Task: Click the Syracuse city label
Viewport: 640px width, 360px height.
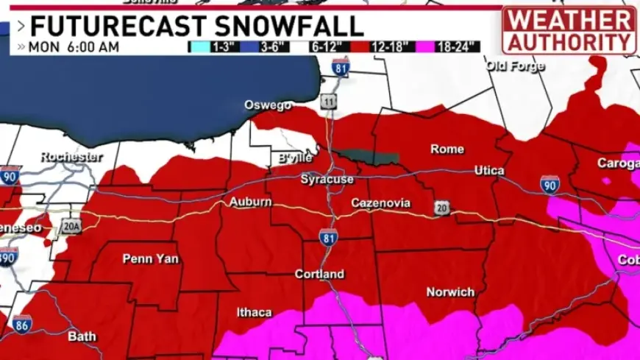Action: (327, 180)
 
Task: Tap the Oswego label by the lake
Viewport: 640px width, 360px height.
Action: (269, 105)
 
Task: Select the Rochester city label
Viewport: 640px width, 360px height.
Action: (71, 157)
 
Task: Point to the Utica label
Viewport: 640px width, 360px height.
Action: (489, 171)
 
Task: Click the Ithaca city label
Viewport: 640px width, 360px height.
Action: (255, 312)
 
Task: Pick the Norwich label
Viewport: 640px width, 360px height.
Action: (450, 292)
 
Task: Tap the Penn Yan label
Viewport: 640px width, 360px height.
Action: (150, 258)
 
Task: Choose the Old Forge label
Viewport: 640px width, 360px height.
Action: (515, 66)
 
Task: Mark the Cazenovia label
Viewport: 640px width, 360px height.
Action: (380, 203)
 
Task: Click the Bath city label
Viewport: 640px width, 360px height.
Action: (82, 337)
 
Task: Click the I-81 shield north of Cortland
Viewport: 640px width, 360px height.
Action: (329, 237)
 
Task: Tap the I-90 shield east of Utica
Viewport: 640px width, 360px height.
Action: (550, 185)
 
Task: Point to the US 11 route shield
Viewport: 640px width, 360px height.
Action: (329, 102)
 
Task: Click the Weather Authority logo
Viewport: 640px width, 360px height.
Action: (569, 29)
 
